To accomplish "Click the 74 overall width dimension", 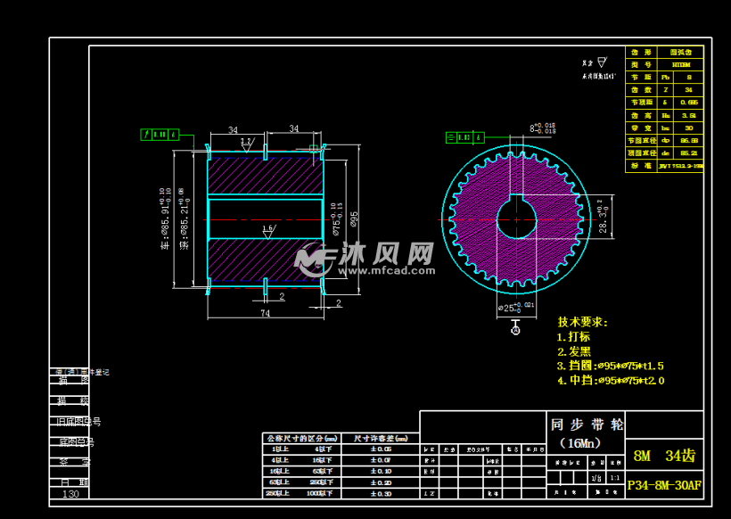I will (x=266, y=313).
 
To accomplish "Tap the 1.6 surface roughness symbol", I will (x=267, y=230).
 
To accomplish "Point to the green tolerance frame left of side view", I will (x=160, y=135).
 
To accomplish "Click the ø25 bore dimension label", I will (x=516, y=308).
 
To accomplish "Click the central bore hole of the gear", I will (x=515, y=218).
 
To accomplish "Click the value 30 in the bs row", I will (x=687, y=128).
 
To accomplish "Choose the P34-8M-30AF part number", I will (x=664, y=486).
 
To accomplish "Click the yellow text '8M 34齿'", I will (x=663, y=456).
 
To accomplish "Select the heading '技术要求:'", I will (x=583, y=322).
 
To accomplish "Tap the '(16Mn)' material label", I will (x=579, y=442).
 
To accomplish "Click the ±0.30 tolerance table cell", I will (x=381, y=493).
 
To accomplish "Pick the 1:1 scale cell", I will (x=615, y=477).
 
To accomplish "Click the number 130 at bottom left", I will (x=70, y=493).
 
